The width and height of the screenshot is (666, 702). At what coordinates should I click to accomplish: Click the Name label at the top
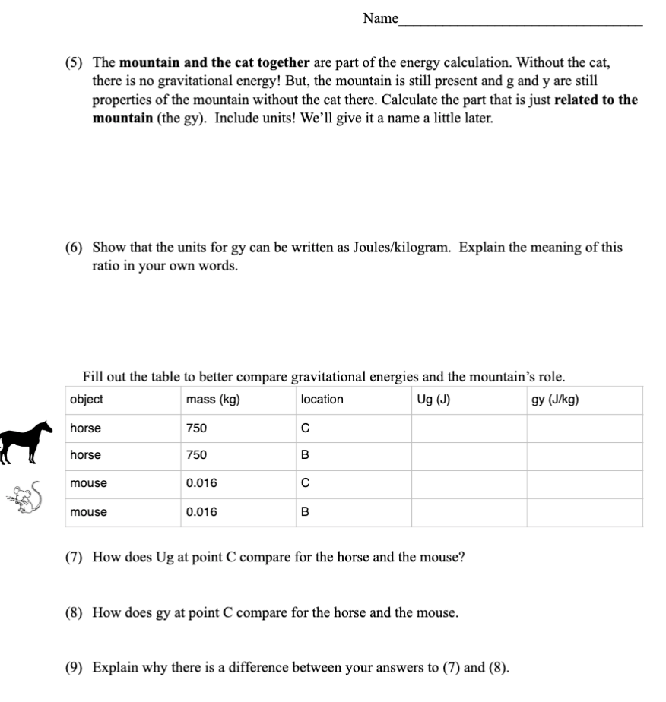(x=380, y=18)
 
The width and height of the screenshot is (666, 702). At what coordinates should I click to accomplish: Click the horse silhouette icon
(x=25, y=441)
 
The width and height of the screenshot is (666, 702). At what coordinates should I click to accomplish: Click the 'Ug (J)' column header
(x=433, y=400)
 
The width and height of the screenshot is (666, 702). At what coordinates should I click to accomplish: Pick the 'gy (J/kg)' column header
(x=555, y=400)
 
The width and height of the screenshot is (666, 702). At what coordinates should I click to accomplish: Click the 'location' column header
(x=322, y=400)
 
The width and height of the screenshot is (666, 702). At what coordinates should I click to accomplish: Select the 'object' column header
(x=86, y=400)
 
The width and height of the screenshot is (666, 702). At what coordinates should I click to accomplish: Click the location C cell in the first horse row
(x=305, y=428)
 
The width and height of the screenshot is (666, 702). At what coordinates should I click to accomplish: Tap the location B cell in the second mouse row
(x=305, y=512)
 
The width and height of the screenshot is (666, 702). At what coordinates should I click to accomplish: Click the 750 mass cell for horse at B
(x=196, y=455)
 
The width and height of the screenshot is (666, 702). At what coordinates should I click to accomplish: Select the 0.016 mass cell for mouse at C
(x=201, y=483)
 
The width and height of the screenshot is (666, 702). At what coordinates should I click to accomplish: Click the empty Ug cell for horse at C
(x=469, y=428)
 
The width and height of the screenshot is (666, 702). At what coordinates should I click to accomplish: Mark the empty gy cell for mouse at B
(x=584, y=512)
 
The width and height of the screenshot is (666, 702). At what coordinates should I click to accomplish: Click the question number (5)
(x=76, y=62)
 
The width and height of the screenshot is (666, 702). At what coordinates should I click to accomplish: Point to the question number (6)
(x=76, y=248)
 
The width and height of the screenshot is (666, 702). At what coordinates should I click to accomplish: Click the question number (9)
(x=76, y=668)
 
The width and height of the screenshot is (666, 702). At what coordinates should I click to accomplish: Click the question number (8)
(x=76, y=612)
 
